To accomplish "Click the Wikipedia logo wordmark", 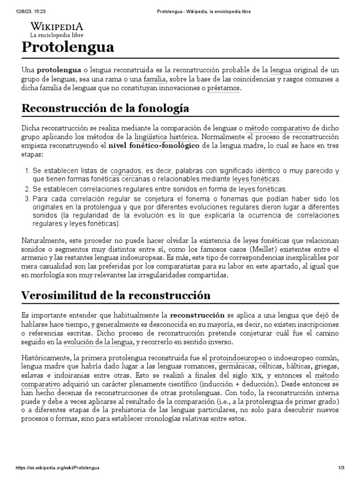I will point(57,26).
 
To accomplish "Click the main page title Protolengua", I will point(67,47).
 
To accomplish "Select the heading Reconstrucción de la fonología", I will point(105,108).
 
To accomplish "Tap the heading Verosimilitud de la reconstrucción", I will point(116,295).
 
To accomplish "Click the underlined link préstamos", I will point(223,88).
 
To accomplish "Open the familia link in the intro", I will point(155,79).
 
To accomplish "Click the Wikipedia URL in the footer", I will point(57,468).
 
